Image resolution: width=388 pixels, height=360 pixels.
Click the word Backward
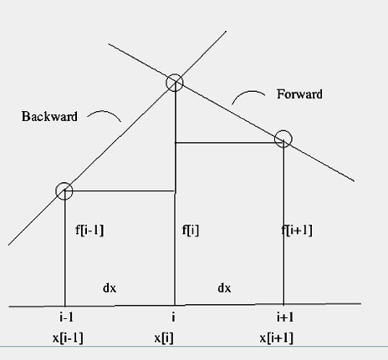point(49,116)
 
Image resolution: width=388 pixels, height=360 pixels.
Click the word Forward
point(299,94)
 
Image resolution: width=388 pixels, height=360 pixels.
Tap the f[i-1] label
point(89,231)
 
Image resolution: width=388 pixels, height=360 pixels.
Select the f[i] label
point(191,231)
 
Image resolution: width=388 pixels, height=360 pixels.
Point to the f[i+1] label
point(297,231)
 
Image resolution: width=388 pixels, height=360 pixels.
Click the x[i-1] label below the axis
point(68,338)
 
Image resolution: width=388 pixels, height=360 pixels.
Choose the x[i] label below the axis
point(164,338)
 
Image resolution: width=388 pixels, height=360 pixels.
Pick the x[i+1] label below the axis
point(277,338)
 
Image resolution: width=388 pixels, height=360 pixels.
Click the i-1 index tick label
point(67,317)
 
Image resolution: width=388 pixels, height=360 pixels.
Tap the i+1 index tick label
point(285,317)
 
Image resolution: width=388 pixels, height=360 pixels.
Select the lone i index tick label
point(173,317)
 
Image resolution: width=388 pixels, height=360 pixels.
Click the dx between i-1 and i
point(110,288)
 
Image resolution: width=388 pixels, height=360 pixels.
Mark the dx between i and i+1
point(224,288)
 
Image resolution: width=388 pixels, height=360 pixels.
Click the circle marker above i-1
point(64,183)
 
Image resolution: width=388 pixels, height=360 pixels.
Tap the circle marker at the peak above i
point(175,74)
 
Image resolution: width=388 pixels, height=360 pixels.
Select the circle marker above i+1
point(283,130)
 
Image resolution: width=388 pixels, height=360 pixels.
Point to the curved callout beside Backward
point(105,112)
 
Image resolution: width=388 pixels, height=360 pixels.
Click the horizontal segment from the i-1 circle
point(120,191)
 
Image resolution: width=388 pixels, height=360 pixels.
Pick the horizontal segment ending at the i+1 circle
point(229,143)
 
